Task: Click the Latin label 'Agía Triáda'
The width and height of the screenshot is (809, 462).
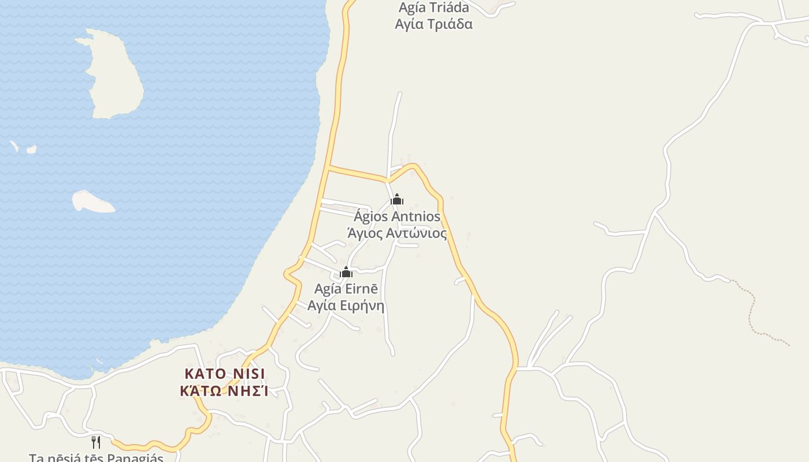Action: click(433, 8)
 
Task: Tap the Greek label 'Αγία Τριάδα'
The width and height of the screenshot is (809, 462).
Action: click(433, 24)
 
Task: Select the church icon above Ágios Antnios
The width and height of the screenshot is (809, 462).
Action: click(397, 200)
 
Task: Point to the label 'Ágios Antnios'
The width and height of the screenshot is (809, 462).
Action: click(397, 217)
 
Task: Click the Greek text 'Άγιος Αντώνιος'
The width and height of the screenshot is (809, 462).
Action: click(397, 233)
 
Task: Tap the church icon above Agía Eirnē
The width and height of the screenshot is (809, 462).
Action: click(346, 272)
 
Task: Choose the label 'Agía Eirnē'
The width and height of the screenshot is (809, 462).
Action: click(346, 289)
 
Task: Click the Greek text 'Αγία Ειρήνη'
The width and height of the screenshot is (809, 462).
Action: click(346, 305)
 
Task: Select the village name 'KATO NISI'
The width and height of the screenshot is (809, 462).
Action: click(225, 374)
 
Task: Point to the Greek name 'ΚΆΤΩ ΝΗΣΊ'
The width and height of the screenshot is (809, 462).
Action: click(224, 391)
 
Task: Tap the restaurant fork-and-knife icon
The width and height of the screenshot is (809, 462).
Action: click(97, 442)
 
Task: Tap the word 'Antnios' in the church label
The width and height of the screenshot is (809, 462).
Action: click(415, 217)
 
